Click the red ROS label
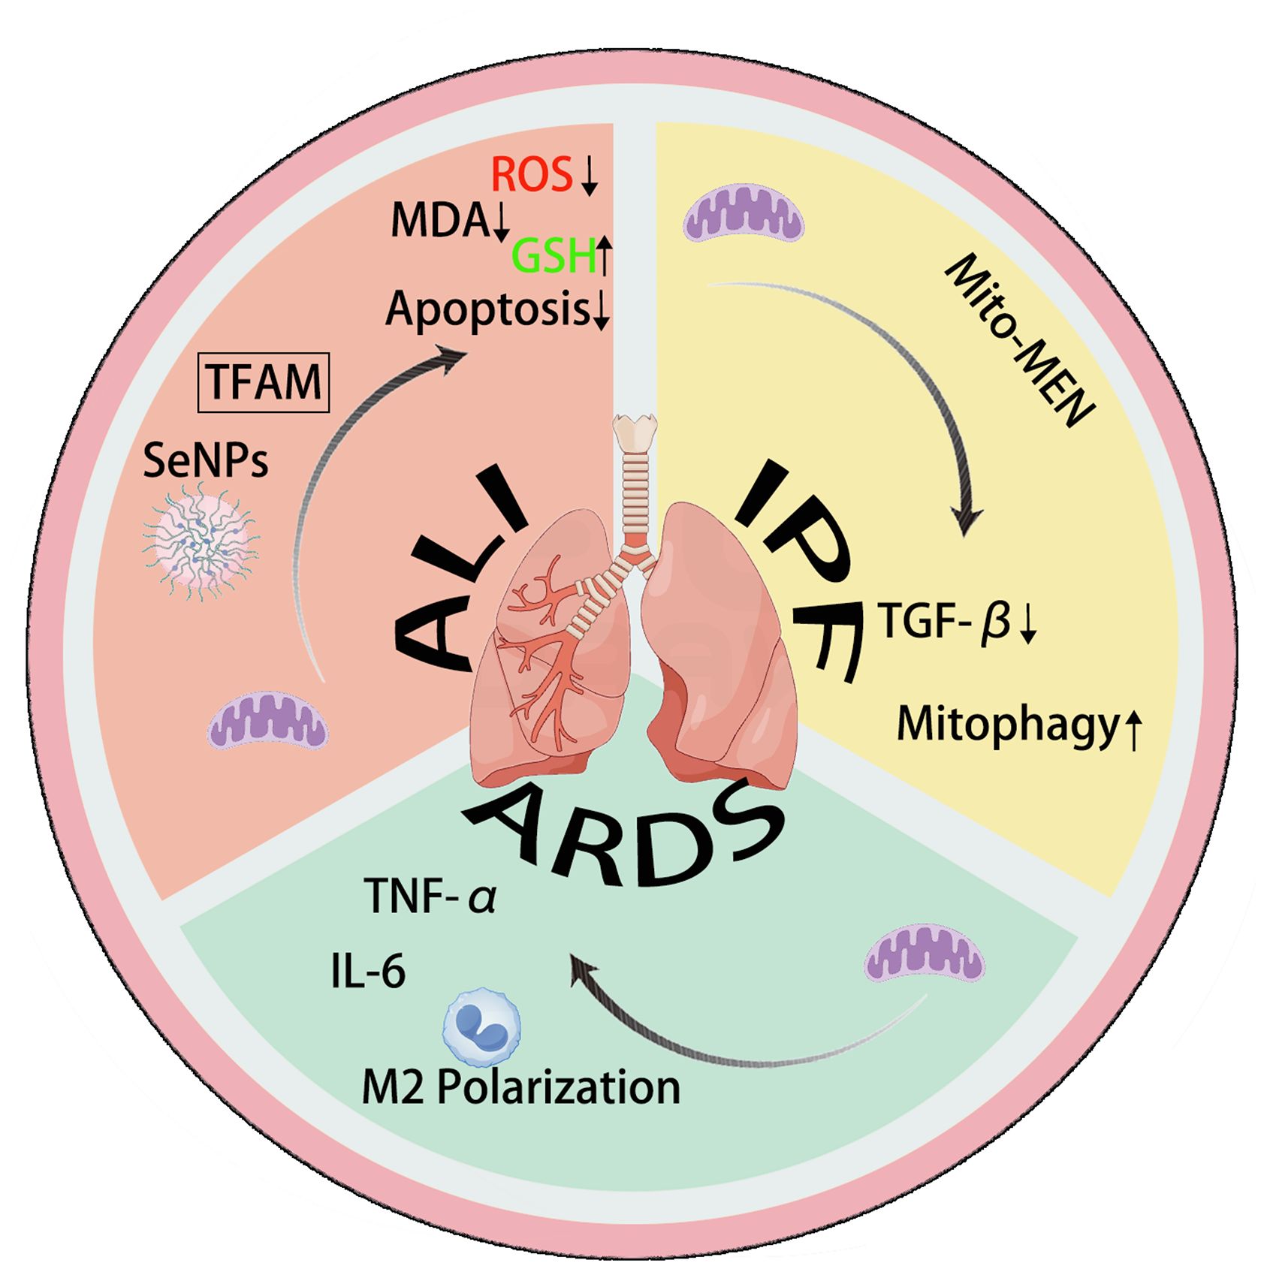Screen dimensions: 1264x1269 point(531,174)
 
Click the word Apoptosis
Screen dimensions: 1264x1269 point(487,309)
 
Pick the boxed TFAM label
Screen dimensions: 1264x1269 point(263,382)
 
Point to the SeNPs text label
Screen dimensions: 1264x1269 point(205,460)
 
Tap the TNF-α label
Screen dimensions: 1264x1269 point(430,896)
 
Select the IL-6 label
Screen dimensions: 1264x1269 point(368,971)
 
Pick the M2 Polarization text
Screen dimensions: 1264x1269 point(520,1087)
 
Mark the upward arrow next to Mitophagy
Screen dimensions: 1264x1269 point(1133,731)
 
